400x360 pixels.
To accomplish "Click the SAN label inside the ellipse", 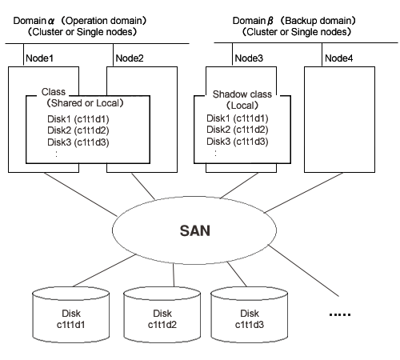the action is pyautogui.click(x=195, y=230).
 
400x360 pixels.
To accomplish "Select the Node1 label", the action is pyautogui.click(x=39, y=58).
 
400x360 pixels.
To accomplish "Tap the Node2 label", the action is pyautogui.click(x=130, y=58).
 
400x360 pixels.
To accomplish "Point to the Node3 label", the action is pyautogui.click(x=249, y=58).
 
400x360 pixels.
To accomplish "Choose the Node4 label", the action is pyautogui.click(x=339, y=58).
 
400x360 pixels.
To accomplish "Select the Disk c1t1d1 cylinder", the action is pyautogui.click(x=71, y=314).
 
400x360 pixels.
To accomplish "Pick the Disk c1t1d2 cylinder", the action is pyautogui.click(x=162, y=314).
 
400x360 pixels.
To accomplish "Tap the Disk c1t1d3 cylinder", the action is pyautogui.click(x=250, y=314).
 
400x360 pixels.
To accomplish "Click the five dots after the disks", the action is pyautogui.click(x=340, y=314).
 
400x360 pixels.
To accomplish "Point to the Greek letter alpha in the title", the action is pyautogui.click(x=51, y=21).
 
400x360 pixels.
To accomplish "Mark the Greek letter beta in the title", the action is pyautogui.click(x=270, y=21).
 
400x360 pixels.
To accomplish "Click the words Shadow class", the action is pyautogui.click(x=242, y=94).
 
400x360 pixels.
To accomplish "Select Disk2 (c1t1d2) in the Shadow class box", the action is pyautogui.click(x=238, y=130).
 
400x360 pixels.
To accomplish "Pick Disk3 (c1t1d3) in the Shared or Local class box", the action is pyautogui.click(x=78, y=142).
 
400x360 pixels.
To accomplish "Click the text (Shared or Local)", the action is pyautogui.click(x=85, y=103).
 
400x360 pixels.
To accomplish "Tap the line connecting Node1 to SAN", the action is pyautogui.click(x=80, y=194).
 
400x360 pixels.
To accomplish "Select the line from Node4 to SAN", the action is pyautogui.click(x=304, y=193).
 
